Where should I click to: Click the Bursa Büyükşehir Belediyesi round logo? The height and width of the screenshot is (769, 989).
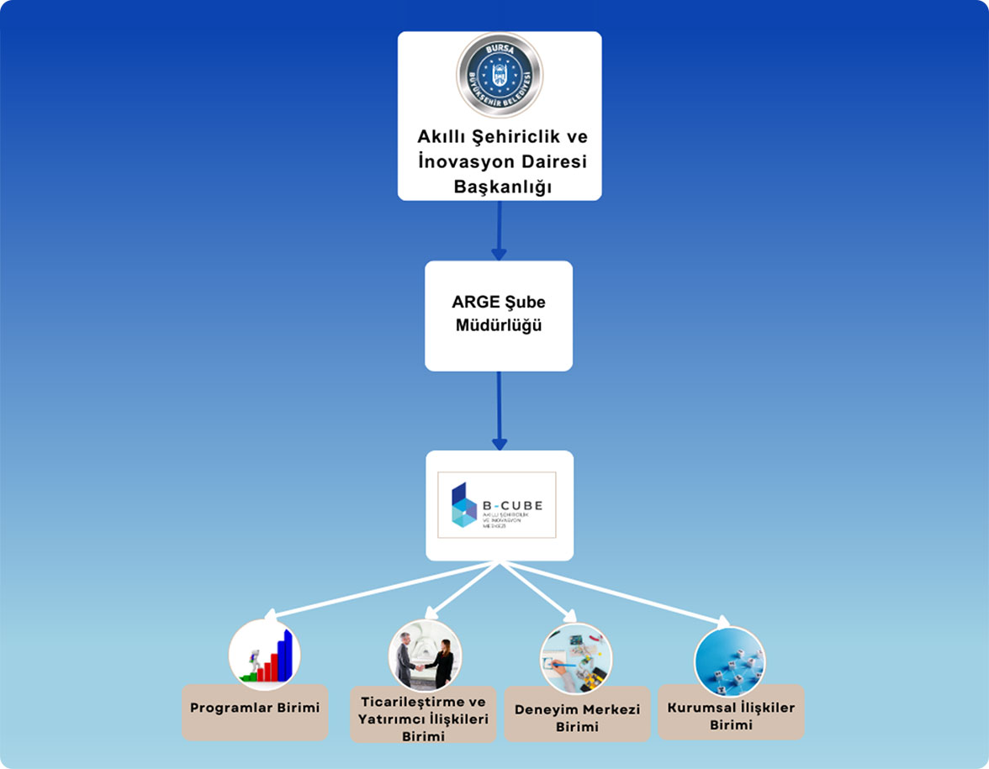500,75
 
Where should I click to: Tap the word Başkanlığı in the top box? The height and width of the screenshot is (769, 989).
503,187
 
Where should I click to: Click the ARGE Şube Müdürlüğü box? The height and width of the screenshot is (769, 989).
498,315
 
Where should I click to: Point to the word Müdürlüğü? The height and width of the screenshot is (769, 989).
499,326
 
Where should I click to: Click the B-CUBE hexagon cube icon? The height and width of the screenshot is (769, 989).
463,504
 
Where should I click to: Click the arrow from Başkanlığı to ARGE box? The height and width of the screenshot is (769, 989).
499,230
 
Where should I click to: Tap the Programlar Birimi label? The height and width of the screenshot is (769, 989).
255,708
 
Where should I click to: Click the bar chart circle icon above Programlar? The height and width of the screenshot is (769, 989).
264,655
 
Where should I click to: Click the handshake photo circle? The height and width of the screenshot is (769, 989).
425,656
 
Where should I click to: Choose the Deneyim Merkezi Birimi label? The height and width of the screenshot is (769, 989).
577,718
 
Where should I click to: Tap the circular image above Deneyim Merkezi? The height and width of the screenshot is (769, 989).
576,659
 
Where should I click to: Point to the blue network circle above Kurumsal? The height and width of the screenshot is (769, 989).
729,661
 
